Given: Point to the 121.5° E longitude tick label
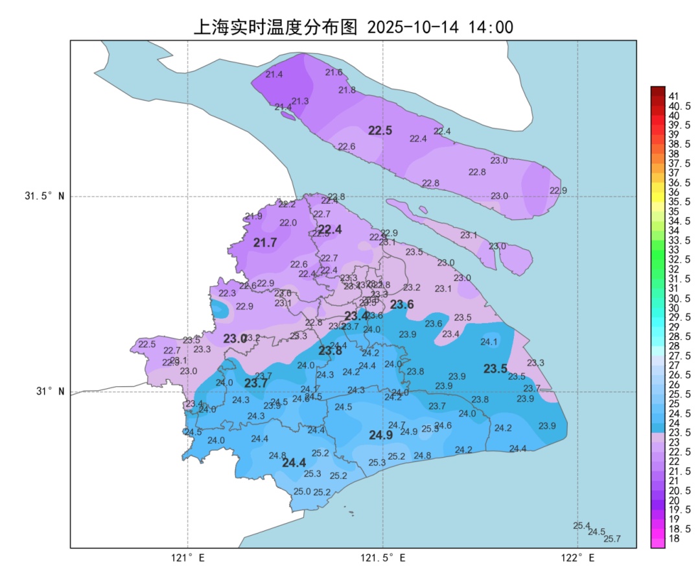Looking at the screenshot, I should click(383, 558).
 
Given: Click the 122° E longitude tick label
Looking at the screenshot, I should click(578, 558).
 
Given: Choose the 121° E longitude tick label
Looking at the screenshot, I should click(188, 558).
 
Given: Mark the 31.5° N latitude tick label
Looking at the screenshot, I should click(45, 196).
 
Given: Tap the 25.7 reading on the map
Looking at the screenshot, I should click(612, 539).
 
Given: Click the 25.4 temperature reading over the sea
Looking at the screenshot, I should click(581, 526).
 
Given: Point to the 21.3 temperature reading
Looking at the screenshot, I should click(299, 101).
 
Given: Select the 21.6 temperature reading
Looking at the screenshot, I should click(334, 72).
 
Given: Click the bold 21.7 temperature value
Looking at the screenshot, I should click(265, 243).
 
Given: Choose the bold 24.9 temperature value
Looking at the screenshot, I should click(380, 435).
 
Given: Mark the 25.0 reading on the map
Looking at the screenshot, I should click(302, 491).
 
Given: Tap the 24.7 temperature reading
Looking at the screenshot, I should click(396, 425).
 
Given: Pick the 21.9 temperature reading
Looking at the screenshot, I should click(253, 216).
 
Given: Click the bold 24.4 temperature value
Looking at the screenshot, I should click(294, 463).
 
